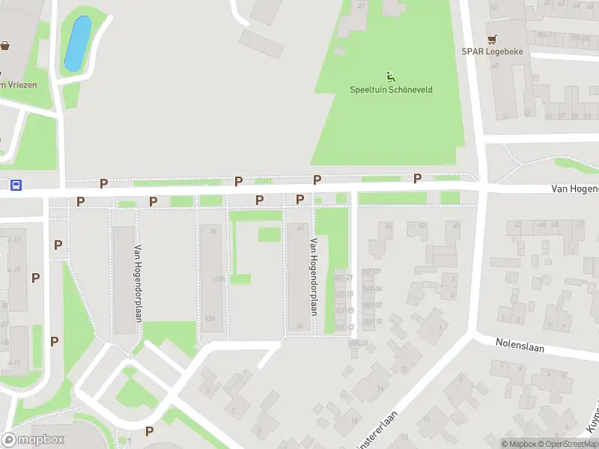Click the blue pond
click(78, 43)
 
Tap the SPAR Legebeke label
click(492, 52)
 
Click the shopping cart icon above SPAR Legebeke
click(492, 39)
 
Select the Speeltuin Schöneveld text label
click(391, 90)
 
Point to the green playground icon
click(390, 76)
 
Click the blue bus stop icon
click(16, 185)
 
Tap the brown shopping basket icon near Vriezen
click(5, 46)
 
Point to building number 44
click(300, 228)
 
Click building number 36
click(213, 230)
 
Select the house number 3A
click(299, 326)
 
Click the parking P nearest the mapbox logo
click(149, 431)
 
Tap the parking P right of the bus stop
click(104, 183)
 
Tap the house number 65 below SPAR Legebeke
click(495, 66)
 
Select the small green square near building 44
click(270, 234)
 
